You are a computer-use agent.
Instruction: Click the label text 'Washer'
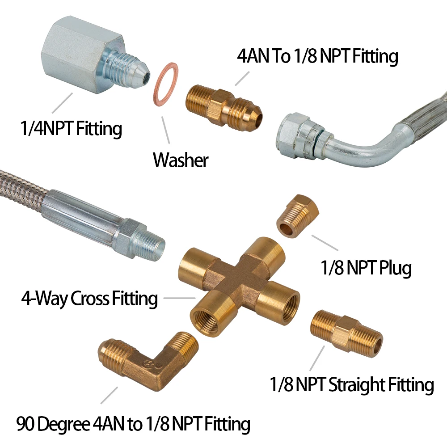181,160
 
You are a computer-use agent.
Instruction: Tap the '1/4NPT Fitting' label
71,129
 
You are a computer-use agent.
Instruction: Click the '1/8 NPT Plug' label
366,268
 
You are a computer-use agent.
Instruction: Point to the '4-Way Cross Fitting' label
90,298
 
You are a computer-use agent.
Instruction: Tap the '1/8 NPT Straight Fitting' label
351,384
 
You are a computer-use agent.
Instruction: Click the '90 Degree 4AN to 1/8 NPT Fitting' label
133,423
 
